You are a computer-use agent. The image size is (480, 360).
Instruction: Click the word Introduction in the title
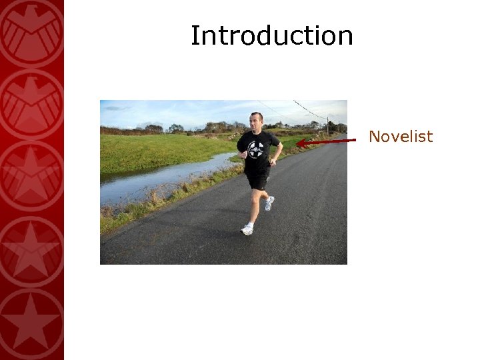[271, 36]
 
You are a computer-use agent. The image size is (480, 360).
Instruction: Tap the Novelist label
[401, 137]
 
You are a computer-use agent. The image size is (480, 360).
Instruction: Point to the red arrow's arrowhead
[301, 142]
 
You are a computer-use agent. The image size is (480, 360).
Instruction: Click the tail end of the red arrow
[354, 139]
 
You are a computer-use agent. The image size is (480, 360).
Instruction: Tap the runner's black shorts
[257, 180]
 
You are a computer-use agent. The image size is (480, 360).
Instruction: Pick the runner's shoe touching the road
[247, 229]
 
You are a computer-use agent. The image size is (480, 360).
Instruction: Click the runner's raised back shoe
[269, 203]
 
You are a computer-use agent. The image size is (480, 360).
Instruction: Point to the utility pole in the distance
[327, 125]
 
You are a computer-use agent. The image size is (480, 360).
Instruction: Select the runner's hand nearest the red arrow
[272, 161]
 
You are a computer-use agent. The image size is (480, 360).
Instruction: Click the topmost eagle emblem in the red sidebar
[31, 30]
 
